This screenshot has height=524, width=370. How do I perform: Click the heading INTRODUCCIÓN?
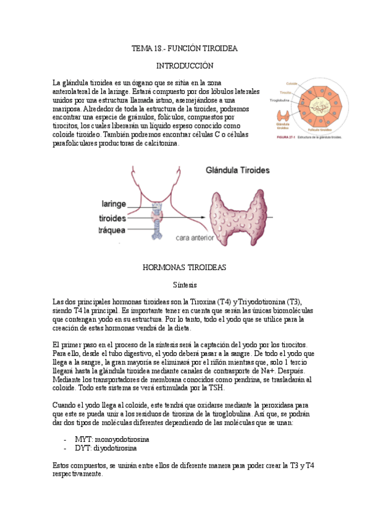pos(185,65)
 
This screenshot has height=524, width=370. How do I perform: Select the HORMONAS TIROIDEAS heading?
pos(185,268)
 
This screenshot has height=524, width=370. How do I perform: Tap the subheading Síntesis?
pos(185,285)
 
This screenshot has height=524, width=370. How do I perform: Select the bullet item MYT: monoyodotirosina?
pos(112,439)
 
